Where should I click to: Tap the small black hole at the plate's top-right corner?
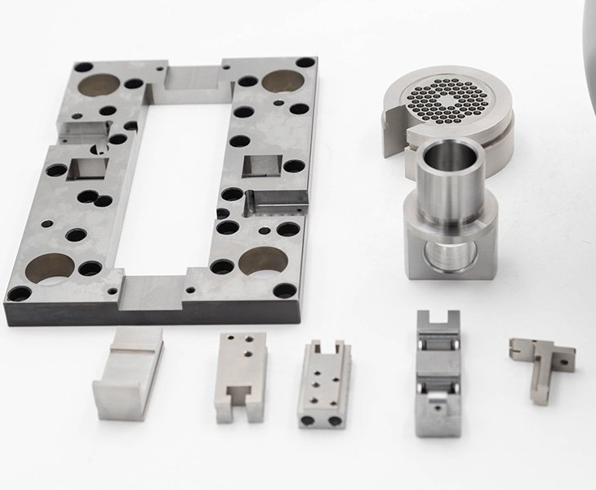[304, 63]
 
